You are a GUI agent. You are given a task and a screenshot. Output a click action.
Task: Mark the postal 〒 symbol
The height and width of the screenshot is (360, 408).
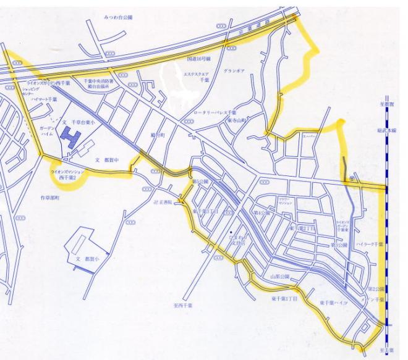tap(352, 176)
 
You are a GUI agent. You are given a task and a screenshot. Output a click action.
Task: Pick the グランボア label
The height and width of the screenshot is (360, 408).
tap(234, 71)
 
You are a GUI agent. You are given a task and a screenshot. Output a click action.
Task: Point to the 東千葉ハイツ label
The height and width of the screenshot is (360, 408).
tap(334, 303)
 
